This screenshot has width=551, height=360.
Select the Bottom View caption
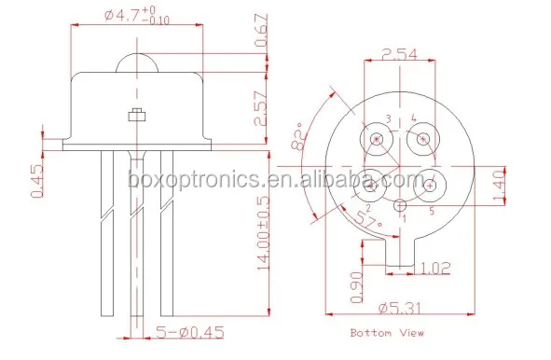386,333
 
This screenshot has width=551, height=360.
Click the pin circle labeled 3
378,140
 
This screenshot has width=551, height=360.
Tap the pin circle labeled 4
423,141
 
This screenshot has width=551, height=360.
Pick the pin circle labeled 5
429,185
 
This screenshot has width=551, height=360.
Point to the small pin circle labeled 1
400,205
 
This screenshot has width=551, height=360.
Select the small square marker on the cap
137,116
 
